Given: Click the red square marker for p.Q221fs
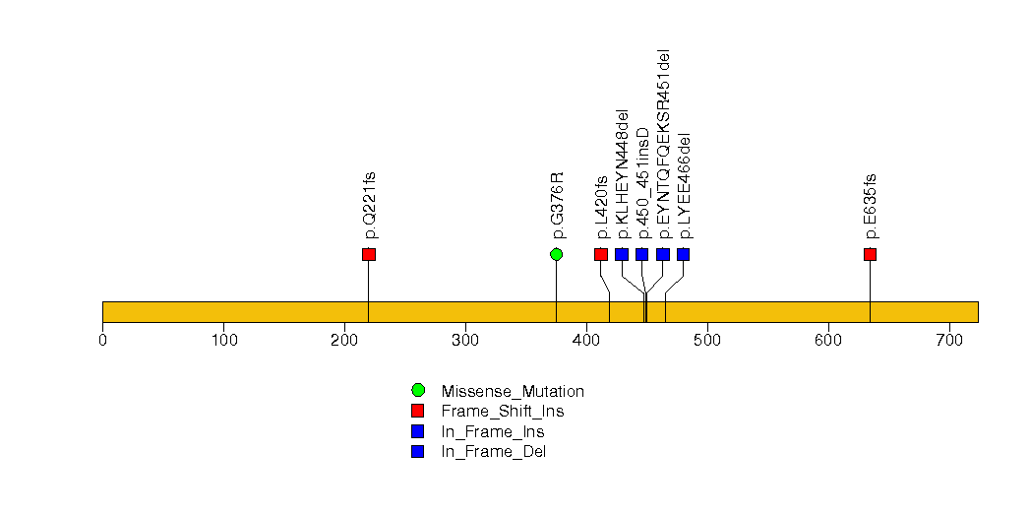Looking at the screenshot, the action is click(369, 254).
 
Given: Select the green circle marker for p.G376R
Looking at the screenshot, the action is click(557, 254).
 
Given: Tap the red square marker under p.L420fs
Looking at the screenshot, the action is click(601, 254).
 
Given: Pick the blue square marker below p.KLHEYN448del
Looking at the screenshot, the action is click(622, 254).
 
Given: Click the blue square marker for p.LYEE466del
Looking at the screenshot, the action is click(683, 254).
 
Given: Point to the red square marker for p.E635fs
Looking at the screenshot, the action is click(871, 254).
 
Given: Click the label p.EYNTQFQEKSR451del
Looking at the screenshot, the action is click(663, 144).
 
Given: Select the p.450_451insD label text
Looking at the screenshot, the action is click(642, 183).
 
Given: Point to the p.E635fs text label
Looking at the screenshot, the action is click(871, 207).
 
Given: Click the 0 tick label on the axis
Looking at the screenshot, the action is click(102, 340).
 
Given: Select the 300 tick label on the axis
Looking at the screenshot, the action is click(465, 340).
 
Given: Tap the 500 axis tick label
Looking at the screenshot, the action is click(707, 340).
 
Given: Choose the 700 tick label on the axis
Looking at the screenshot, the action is click(949, 340).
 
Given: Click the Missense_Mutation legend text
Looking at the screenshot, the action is click(513, 391).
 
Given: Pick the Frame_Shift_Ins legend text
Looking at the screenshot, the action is click(503, 412).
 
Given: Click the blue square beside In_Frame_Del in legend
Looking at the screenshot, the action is click(418, 452).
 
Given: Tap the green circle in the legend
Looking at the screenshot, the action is click(418, 391).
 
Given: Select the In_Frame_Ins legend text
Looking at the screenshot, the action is click(493, 432).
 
